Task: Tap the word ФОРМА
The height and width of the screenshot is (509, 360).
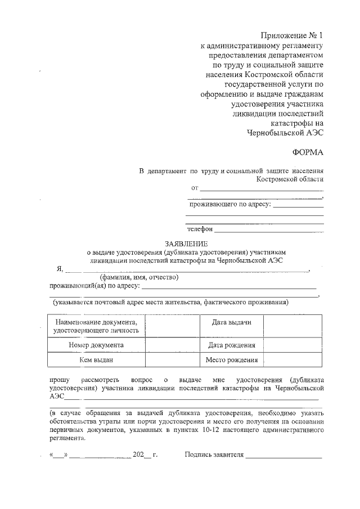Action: click(308, 152)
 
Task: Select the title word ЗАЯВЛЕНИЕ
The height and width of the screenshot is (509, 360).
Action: click(186, 244)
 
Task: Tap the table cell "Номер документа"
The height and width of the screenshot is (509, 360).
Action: click(96, 345)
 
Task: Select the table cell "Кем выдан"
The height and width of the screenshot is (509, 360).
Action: click(96, 360)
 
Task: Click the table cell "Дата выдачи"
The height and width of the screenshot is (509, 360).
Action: click(231, 322)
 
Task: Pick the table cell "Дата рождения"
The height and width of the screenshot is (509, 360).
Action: click(231, 345)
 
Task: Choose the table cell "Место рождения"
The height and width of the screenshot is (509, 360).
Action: click(231, 360)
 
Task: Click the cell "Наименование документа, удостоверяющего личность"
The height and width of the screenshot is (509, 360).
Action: click(96, 326)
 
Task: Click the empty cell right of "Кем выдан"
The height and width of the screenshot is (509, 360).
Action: click(172, 360)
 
